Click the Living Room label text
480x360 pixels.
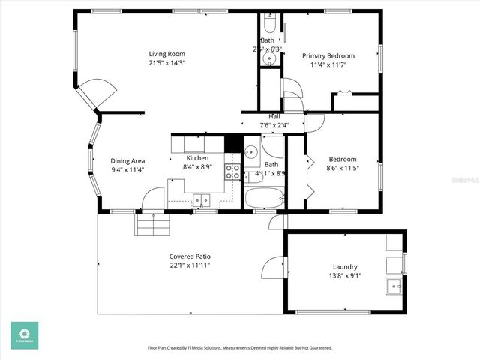[x=166, y=54]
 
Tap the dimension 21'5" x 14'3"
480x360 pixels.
[x=166, y=63]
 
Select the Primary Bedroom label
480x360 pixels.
[x=328, y=56]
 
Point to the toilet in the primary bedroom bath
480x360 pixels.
[x=271, y=21]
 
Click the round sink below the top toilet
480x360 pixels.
[x=271, y=57]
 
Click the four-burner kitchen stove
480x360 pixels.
[x=233, y=172]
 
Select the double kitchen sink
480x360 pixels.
[x=202, y=199]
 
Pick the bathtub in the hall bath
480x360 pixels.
[x=265, y=199]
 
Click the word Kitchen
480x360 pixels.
[x=197, y=158]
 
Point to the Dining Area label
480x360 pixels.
[x=127, y=161]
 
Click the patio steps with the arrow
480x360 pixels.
[x=154, y=223]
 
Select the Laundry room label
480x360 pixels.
[x=345, y=267]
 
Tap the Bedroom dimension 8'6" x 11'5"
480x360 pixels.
[x=343, y=168]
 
